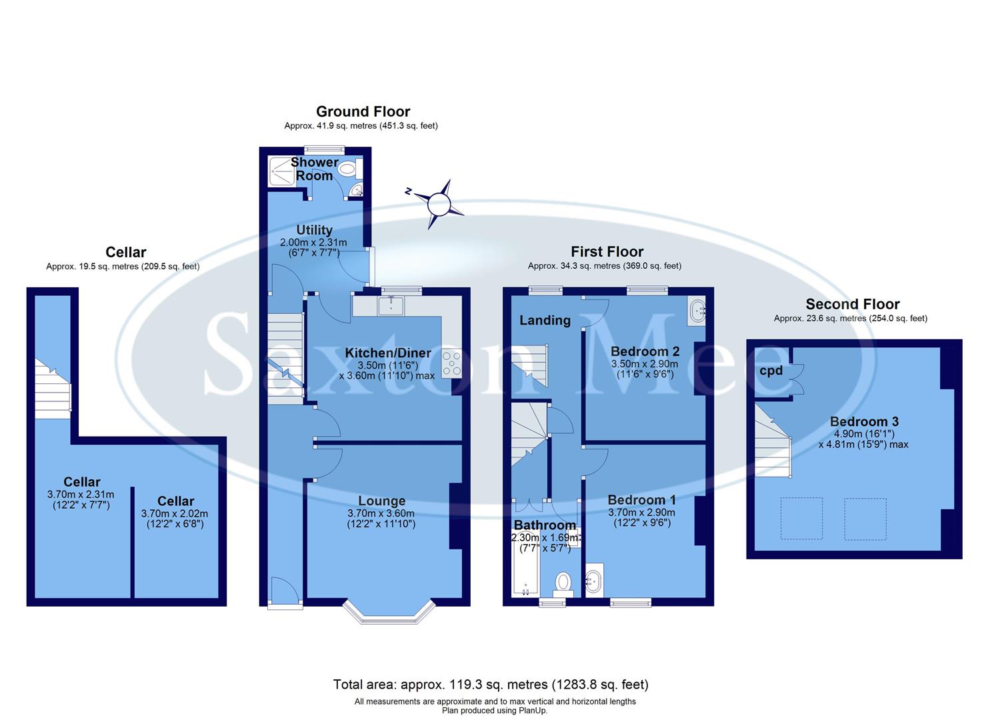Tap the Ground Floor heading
click(363, 111)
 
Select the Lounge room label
click(381, 501)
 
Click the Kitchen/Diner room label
click(387, 353)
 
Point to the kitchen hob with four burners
click(451, 363)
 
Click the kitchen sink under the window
click(387, 306)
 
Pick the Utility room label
click(314, 230)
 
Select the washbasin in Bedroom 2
click(697, 311)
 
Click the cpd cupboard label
click(771, 370)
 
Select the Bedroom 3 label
click(864, 421)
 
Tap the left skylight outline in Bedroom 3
click(801, 518)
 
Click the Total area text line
click(491, 685)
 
